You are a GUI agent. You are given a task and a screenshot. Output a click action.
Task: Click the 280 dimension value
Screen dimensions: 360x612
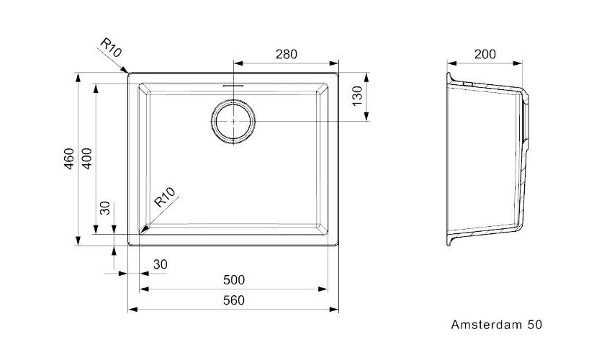tap(286, 54)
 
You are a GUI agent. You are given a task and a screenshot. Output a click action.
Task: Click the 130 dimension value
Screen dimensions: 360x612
tap(357, 95)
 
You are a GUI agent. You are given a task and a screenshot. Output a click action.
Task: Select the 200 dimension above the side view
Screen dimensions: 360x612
tap(486, 54)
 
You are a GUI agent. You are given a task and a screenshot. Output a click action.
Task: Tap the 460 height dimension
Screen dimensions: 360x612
tap(68, 158)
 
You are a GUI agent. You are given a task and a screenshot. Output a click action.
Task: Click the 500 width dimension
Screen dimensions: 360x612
tap(234, 279)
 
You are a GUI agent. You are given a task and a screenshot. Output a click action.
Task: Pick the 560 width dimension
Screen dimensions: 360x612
tap(234, 300)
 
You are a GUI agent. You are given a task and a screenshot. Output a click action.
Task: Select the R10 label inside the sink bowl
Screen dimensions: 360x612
tap(165, 198)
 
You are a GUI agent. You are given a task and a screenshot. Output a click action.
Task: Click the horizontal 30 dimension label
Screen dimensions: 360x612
tap(160, 264)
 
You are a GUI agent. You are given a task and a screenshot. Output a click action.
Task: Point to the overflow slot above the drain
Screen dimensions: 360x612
tap(233, 85)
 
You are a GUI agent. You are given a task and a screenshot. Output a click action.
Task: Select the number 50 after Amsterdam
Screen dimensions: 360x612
tap(534, 325)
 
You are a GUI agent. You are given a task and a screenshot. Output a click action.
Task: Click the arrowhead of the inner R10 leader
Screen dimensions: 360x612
tap(145, 230)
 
